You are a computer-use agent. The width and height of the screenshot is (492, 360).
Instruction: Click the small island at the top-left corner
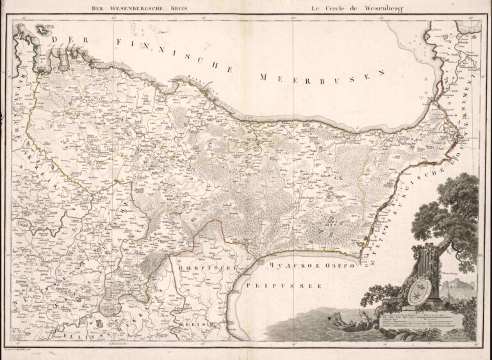(44, 28)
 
